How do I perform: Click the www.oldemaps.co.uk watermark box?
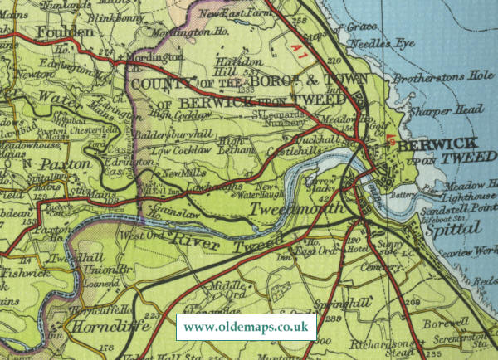pyautogui.click(x=246, y=327)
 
